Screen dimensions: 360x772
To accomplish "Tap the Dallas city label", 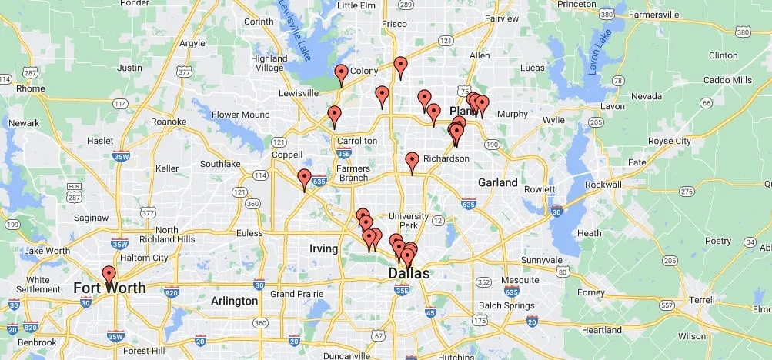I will [x=409, y=274].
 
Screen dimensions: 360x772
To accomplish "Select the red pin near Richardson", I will [x=412, y=161].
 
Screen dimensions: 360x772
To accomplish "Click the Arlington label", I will [x=235, y=301].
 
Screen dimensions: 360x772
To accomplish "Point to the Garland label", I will [x=497, y=182].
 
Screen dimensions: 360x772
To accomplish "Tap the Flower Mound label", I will [x=241, y=115].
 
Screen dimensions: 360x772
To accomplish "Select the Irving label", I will [x=323, y=248].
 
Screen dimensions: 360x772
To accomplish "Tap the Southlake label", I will [x=220, y=164].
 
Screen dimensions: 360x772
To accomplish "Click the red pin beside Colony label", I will [x=341, y=74].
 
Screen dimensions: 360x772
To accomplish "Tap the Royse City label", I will [x=670, y=141].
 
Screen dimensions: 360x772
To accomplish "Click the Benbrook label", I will [x=37, y=342].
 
